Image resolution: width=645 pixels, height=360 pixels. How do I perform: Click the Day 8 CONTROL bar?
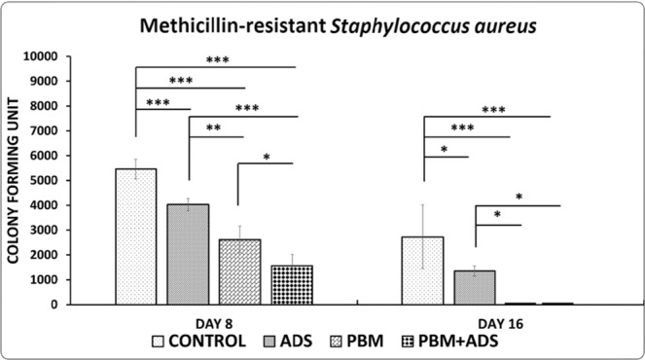[135, 236]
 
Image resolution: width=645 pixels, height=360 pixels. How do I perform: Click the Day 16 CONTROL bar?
[423, 270]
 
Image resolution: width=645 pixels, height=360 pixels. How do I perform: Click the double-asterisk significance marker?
[215, 129]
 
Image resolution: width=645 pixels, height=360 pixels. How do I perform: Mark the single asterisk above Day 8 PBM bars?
[266, 157]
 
